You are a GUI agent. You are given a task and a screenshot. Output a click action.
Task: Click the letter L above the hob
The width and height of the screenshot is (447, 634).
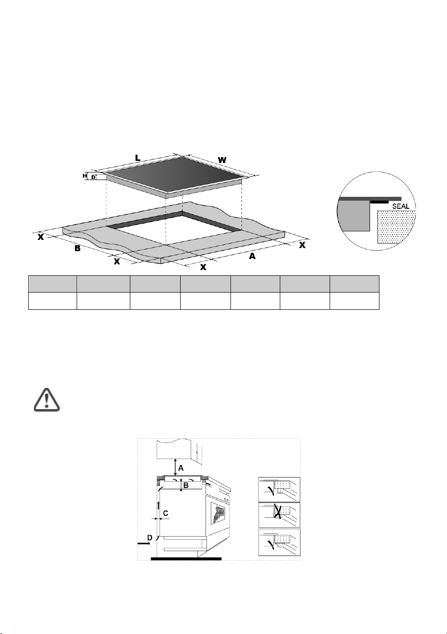pos(138,158)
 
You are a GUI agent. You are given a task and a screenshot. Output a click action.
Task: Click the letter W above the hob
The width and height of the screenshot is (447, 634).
pos(222,160)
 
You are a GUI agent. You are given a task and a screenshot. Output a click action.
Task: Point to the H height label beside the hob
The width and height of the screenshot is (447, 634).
pos(85,176)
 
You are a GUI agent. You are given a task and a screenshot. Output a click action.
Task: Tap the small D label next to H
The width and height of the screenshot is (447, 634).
pos(93,178)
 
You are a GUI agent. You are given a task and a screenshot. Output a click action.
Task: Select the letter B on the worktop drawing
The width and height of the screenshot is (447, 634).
pos(77,248)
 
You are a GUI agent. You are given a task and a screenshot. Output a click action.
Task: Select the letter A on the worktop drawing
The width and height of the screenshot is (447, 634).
pos(252,256)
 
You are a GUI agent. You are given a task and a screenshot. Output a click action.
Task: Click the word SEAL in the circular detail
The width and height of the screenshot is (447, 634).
pos(401,206)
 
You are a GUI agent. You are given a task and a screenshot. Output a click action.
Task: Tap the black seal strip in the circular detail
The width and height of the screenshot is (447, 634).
pos(379,202)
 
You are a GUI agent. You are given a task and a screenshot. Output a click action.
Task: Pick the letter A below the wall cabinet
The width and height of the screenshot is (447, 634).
pos(181,468)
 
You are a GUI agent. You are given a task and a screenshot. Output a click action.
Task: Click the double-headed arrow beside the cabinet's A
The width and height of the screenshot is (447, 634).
pos(175,467)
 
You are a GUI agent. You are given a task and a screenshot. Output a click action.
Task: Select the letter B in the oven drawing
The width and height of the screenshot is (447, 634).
pos(186,486)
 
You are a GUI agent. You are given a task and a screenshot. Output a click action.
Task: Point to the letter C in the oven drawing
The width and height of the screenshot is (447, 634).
pos(166,513)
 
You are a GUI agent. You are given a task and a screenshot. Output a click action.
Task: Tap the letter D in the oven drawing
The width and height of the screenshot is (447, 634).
pos(150,537)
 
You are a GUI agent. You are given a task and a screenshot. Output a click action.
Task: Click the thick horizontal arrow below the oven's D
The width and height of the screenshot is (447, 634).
pos(144,543)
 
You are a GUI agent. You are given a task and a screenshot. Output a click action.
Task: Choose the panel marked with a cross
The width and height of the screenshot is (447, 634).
pos(279,515)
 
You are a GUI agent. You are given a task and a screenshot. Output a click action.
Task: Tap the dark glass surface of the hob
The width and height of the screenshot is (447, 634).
pos(176,174)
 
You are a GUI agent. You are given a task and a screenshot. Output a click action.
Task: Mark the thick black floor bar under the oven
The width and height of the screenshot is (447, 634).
pos(186,559)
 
